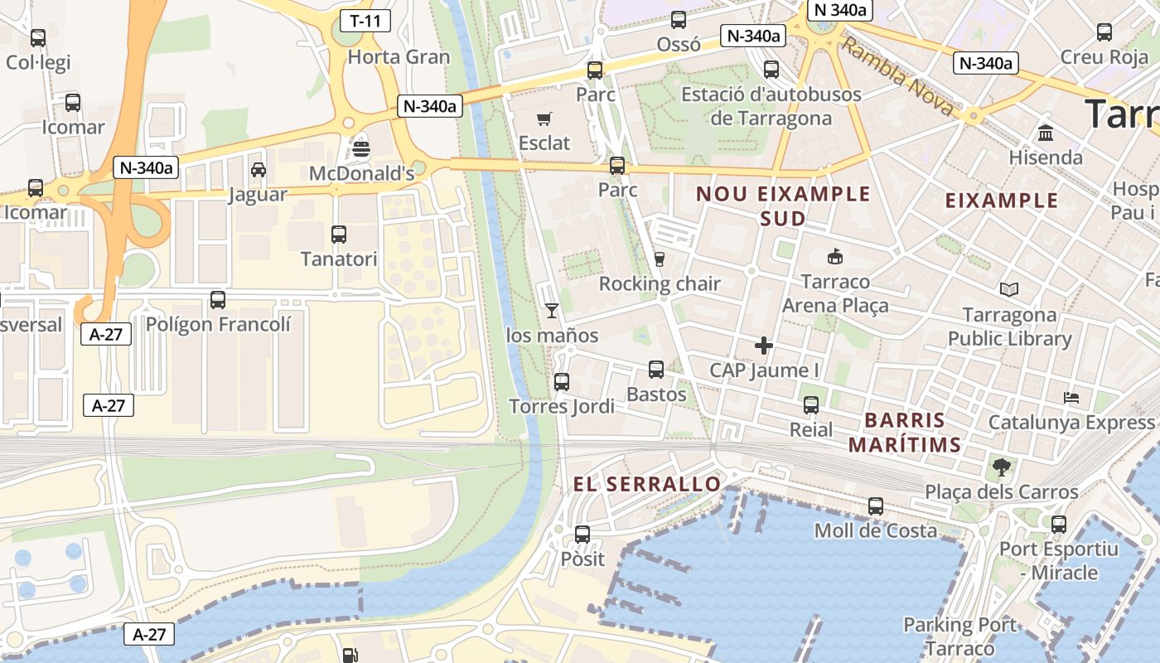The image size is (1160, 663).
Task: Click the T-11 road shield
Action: point(365,21)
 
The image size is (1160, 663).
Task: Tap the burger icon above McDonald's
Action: point(361,149)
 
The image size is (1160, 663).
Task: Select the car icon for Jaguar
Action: point(259,170)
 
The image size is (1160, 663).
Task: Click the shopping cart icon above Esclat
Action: point(544,119)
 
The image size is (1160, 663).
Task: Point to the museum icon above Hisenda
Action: point(1046,133)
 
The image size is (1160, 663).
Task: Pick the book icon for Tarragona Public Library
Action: point(1009,290)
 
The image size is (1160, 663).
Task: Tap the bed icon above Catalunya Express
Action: point(1071,398)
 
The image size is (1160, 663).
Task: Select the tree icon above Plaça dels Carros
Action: point(1002,467)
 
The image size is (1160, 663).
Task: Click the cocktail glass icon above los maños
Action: point(552,311)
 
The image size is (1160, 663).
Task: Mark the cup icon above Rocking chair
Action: point(660,259)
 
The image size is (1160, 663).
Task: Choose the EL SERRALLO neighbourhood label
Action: point(647,484)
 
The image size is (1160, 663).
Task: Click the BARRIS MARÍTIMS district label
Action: point(904,432)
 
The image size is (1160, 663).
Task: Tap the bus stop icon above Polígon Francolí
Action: point(218,300)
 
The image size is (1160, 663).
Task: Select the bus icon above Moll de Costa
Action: point(876,506)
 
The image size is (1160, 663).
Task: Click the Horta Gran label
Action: point(399,57)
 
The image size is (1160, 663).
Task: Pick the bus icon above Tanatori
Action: point(339,235)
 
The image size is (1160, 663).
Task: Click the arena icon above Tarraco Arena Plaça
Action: point(835,257)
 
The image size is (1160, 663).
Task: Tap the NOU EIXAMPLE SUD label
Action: point(783,206)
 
